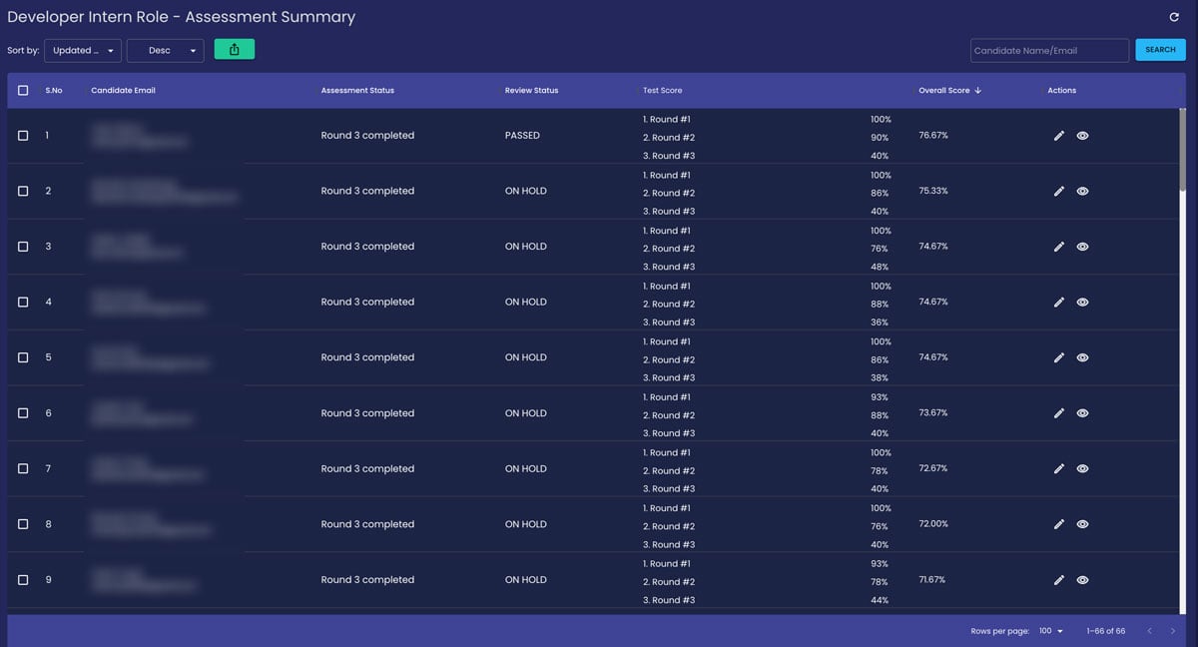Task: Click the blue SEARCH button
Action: pos(1160,50)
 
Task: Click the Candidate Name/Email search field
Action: pos(1048,50)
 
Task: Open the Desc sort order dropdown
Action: pos(166,50)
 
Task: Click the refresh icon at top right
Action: pos(1174,17)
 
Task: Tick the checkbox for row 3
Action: pos(23,247)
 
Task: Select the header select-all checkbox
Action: pos(23,91)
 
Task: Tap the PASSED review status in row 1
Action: pos(522,136)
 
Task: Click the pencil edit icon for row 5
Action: pos(1059,357)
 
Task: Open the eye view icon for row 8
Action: pos(1082,524)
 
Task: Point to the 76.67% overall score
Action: pos(933,135)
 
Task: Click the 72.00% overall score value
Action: pos(933,524)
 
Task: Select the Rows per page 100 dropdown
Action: pos(1051,631)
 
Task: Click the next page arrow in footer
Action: pos(1173,631)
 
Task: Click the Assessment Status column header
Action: pos(357,91)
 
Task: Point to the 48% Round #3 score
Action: pos(879,267)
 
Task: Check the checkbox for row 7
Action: pos(23,468)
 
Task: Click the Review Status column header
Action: pos(531,91)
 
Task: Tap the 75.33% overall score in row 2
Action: pos(933,191)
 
